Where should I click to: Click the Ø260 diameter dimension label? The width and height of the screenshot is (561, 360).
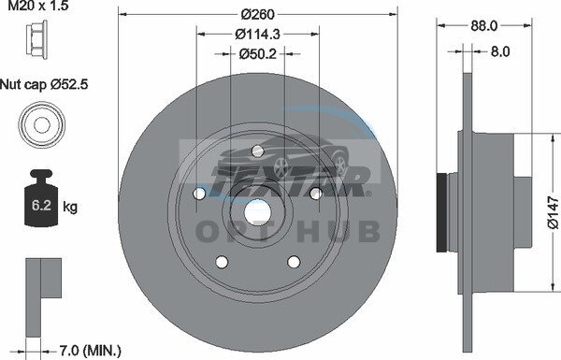coord(258,14)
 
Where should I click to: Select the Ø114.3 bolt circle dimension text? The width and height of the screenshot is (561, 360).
coord(258,35)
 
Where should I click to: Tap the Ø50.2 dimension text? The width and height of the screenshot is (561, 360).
coord(258,54)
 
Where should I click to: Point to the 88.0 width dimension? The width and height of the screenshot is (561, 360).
coord(483,26)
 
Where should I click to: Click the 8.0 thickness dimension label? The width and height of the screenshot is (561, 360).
coord(500,51)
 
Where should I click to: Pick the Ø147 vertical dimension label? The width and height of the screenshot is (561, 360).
coord(554,212)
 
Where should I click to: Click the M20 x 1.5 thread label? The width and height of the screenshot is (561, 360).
coord(38,6)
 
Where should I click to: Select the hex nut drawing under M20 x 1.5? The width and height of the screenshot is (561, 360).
coord(36,38)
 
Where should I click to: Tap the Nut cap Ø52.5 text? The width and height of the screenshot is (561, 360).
coord(44,84)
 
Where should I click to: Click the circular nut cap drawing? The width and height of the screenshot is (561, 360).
coord(42,124)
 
